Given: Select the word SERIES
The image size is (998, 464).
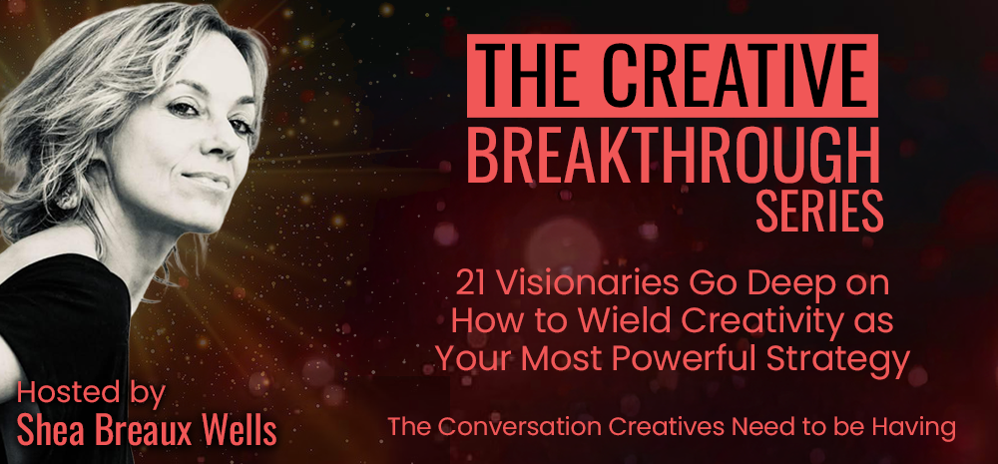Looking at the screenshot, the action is (820, 212).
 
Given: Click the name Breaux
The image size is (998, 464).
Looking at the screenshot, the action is (138, 431).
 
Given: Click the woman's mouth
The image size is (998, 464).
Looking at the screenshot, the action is (209, 181).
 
